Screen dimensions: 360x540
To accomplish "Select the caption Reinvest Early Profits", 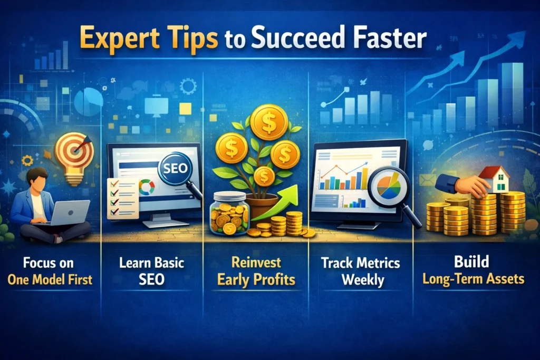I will pos(256,271).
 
